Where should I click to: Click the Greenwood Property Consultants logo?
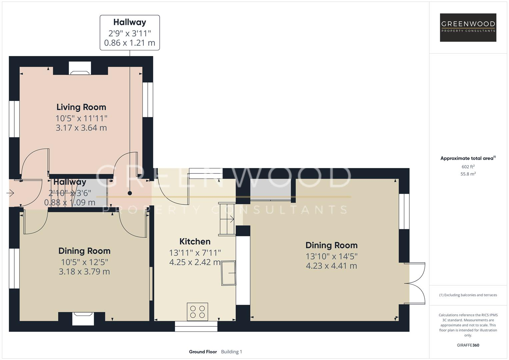tap(468, 27)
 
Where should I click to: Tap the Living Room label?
tap(81, 107)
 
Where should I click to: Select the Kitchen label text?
tap(195, 241)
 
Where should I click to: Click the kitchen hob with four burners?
tap(197, 312)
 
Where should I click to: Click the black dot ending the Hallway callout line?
tap(130, 193)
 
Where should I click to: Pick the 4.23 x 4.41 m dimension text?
tap(331, 266)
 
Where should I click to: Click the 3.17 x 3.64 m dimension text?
tap(81, 128)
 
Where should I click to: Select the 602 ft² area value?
tap(468, 167)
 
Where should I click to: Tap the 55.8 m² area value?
tap(468, 174)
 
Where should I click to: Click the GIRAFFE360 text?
tap(468, 345)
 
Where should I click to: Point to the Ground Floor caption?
tap(203, 352)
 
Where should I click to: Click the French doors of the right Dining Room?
tap(415, 283)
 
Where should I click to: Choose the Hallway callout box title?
tap(130, 22)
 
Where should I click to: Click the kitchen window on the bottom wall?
tap(196, 326)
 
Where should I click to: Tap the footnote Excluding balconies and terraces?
tap(468, 295)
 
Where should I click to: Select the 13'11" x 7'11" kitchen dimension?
tap(195, 253)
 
